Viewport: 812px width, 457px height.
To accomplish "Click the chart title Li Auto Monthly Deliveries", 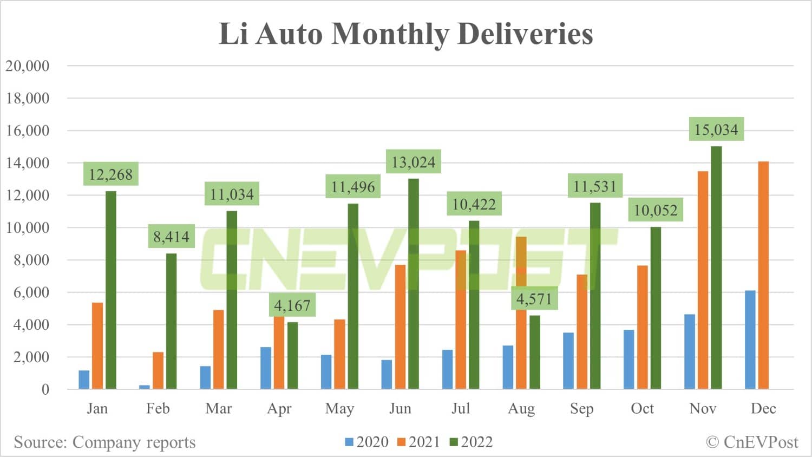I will [x=405, y=34].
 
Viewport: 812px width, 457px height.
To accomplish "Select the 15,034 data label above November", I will [x=716, y=129].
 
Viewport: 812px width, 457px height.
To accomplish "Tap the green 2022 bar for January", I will [x=110, y=290].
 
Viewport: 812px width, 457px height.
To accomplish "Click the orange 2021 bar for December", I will [x=763, y=275].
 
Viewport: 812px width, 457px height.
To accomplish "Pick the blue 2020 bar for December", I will [x=750, y=340].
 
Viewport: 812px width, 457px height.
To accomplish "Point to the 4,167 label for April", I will [x=292, y=305].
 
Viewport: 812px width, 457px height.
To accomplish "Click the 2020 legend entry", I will [x=366, y=442].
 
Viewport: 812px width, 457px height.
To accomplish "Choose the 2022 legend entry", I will [x=471, y=442].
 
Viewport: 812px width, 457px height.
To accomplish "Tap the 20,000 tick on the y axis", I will [x=28, y=66].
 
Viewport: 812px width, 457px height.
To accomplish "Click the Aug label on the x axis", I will [x=521, y=408].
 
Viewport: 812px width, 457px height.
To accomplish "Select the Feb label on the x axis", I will [x=158, y=408].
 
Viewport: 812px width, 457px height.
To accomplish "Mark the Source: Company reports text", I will [x=104, y=442].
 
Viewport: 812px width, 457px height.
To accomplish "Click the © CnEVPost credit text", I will [x=752, y=442].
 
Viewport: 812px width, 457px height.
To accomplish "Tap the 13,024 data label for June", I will [x=413, y=162].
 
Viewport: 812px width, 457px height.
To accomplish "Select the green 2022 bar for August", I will [x=534, y=352].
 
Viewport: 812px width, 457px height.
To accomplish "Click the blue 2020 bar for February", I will [x=145, y=387].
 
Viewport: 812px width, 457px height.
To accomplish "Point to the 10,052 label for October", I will [x=655, y=210].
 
